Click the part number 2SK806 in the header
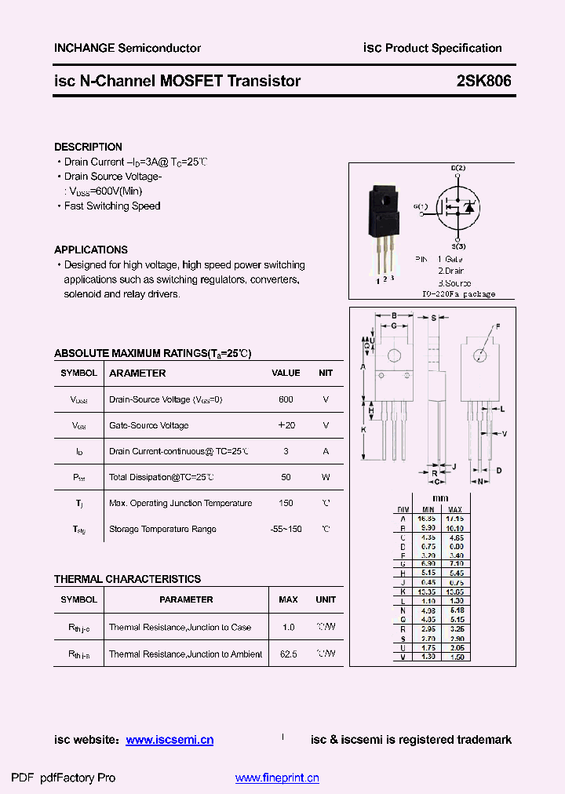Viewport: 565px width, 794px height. (x=483, y=81)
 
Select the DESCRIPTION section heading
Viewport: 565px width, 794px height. (x=88, y=147)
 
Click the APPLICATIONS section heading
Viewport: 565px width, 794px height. (x=91, y=249)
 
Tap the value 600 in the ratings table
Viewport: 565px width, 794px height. (x=286, y=399)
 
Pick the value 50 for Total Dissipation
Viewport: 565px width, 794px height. (x=286, y=477)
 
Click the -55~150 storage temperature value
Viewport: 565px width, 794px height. (x=286, y=530)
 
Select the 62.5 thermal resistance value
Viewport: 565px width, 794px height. (x=288, y=654)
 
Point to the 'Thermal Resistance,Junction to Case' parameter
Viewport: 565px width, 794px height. (x=180, y=628)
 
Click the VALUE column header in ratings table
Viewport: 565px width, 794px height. (x=286, y=373)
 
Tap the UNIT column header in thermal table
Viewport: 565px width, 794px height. (x=326, y=599)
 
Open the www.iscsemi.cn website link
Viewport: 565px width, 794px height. (x=169, y=740)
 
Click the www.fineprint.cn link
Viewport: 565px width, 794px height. (x=277, y=778)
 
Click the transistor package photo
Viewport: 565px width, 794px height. (x=385, y=231)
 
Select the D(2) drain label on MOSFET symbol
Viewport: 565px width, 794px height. (x=458, y=169)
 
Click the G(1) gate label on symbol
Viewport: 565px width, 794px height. (x=420, y=206)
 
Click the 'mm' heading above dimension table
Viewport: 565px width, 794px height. (x=440, y=498)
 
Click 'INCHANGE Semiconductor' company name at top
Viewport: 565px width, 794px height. (x=127, y=48)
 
